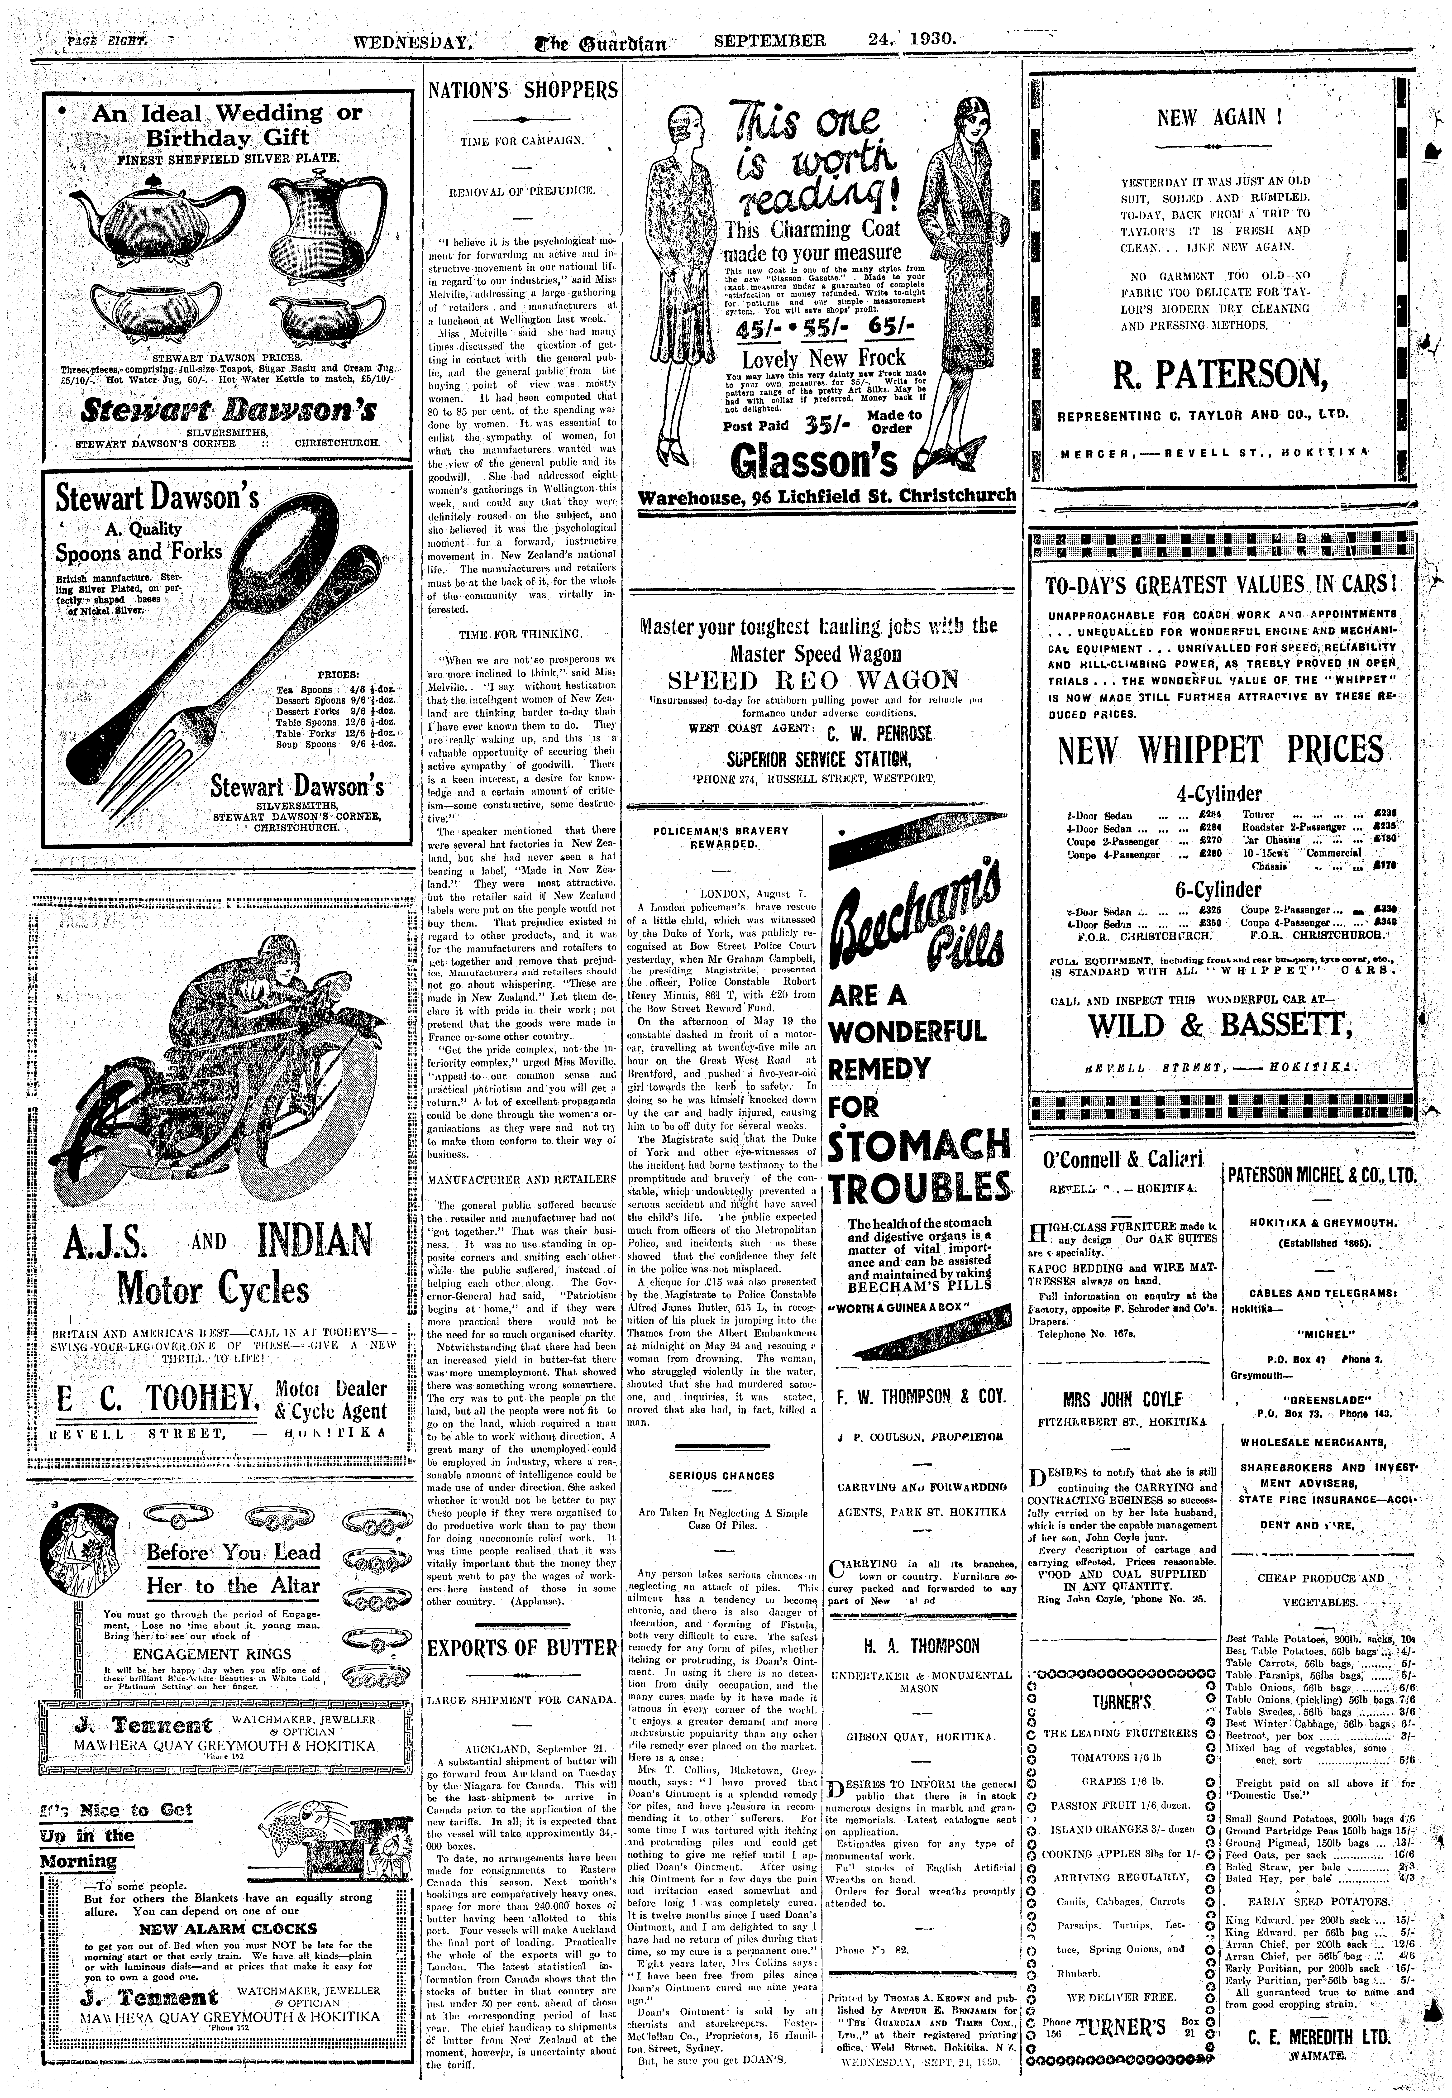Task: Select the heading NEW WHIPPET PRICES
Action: (1220, 751)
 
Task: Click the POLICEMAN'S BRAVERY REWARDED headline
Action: (721, 837)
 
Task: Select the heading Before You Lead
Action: (234, 1552)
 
